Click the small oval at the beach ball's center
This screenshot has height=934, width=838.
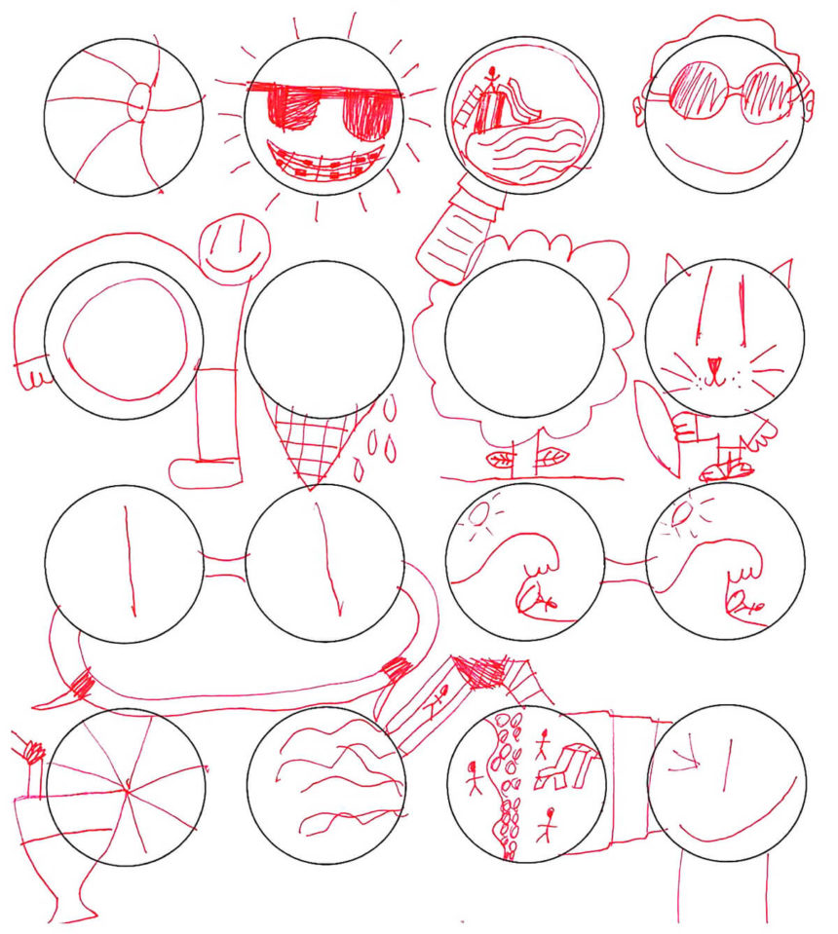tap(141, 100)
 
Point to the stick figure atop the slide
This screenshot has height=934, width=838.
tap(493, 77)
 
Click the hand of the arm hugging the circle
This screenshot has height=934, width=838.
tap(33, 371)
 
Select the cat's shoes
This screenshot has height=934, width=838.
tap(727, 471)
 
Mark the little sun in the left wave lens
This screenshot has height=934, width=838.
tap(480, 514)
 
